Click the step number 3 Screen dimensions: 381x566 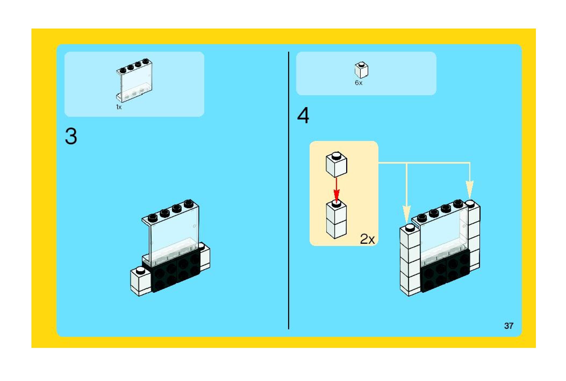pyautogui.click(x=71, y=137)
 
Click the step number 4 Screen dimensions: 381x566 pyautogui.click(x=303, y=116)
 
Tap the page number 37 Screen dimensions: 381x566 pyautogui.click(x=508, y=326)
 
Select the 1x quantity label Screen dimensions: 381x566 pyautogui.click(x=119, y=107)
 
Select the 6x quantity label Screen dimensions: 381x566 pyautogui.click(x=359, y=83)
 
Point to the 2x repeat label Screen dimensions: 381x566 pyautogui.click(x=367, y=239)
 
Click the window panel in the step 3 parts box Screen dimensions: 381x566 pyautogui.click(x=134, y=81)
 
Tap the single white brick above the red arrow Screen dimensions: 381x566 pyautogui.click(x=336, y=165)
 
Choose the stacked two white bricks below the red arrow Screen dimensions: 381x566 pyautogui.click(x=336, y=221)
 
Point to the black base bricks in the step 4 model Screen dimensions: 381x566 pyautogui.click(x=445, y=272)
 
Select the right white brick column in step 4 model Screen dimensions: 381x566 pyautogui.click(x=474, y=237)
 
